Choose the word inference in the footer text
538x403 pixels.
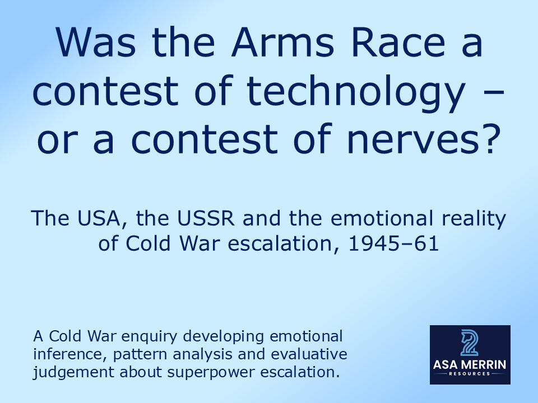pyautogui.click(x=62, y=354)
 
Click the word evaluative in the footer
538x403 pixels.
pyautogui.click(x=311, y=354)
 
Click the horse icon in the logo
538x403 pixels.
pyautogui.click(x=470, y=343)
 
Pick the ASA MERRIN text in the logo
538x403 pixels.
pyautogui.click(x=470, y=365)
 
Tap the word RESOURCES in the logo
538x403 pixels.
pyautogui.click(x=470, y=373)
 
